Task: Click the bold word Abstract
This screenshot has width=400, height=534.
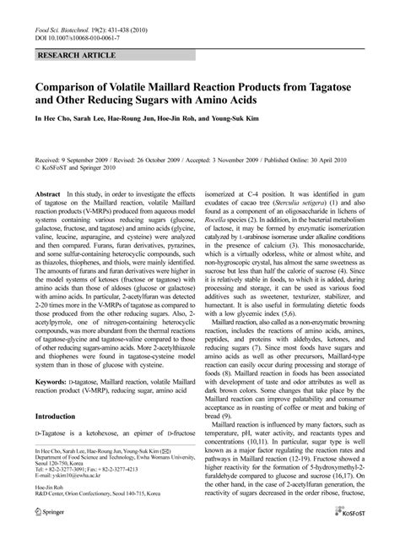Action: pos(47,194)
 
